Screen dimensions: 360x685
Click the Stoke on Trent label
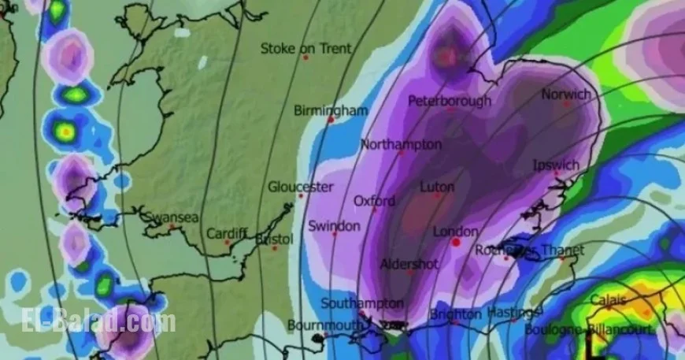305,48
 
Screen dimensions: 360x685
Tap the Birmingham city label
331,110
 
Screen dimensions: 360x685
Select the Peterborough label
450,101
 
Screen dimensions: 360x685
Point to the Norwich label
565,94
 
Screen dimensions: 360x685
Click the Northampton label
401,144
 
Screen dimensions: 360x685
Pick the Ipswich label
556,165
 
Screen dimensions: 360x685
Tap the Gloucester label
300,187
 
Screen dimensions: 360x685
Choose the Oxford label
374,201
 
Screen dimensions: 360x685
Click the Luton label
437,187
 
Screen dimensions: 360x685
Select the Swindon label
334,225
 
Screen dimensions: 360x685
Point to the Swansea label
171,217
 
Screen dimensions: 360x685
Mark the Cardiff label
227,234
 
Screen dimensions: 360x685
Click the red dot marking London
456,243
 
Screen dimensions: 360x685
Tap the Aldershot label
409,264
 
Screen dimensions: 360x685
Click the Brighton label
455,314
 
